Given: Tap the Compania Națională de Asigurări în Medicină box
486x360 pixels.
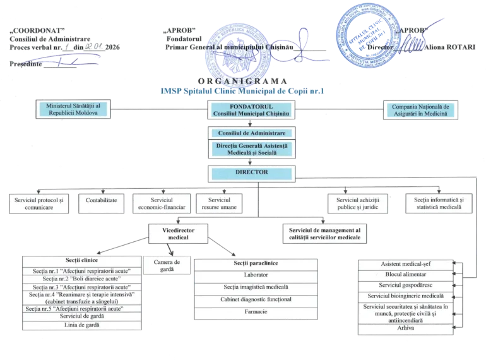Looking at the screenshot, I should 420,111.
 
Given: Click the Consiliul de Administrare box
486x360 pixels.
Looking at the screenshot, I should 251,133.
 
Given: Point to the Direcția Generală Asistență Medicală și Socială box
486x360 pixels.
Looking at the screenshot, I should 251,150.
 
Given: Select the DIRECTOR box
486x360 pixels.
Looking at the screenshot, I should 251,172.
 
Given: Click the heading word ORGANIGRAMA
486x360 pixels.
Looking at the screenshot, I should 242,82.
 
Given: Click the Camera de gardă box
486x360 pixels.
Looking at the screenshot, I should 167,265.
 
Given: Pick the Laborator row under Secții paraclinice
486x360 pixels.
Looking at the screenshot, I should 255,275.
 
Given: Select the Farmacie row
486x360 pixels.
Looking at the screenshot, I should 255,311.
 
